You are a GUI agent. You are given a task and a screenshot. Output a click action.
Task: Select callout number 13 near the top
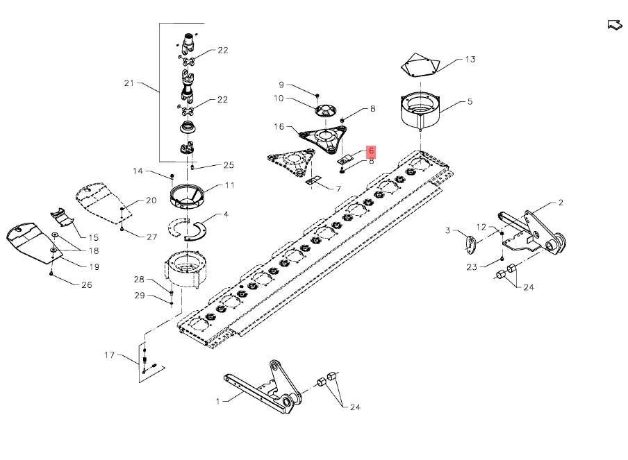pos(470,60)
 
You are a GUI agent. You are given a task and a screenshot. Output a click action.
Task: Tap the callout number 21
pos(129,83)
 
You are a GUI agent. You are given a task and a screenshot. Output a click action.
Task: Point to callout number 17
pos(109,356)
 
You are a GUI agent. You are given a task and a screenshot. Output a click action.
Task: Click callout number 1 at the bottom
pos(217,401)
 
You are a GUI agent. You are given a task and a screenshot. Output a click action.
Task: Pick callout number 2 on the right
pos(561,203)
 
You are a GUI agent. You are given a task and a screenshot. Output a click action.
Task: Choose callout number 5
pos(470,102)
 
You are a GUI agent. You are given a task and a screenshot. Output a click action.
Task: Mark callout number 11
pos(229,185)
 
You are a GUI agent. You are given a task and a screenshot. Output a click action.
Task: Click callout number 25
pos(229,165)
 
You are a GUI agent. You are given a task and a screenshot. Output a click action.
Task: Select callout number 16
pos(279,127)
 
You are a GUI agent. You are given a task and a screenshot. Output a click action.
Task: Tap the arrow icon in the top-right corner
pos(614,26)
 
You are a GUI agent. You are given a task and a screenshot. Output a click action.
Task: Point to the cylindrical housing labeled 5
pos(422,110)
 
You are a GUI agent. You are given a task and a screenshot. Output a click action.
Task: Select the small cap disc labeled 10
pos(324,111)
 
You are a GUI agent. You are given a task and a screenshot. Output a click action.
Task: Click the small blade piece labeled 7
pos(313,181)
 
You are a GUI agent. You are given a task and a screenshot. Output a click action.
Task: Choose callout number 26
pos(86,284)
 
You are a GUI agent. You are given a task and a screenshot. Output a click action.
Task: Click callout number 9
pos(282,85)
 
